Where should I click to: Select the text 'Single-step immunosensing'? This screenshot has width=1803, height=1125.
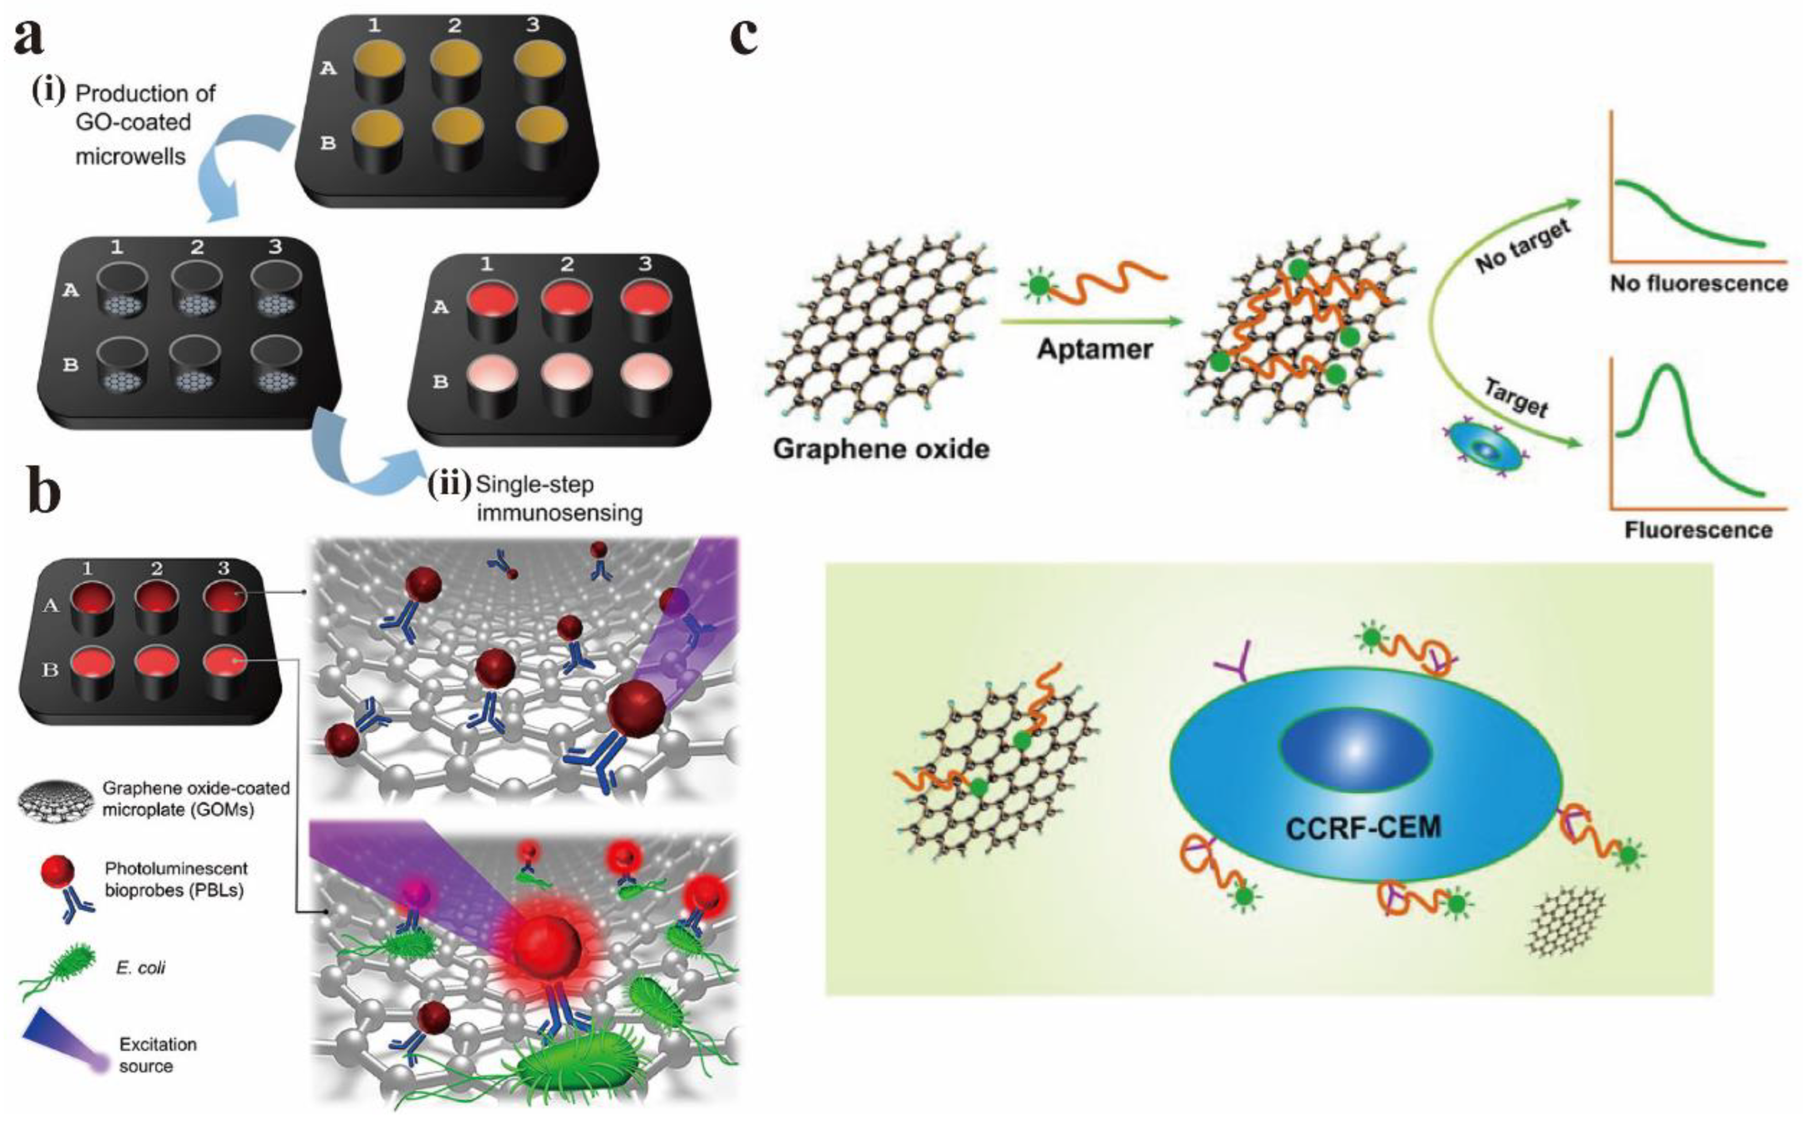[x=558, y=498]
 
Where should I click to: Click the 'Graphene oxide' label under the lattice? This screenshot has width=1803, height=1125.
[x=881, y=449]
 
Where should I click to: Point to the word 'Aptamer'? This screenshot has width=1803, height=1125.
[x=1094, y=349]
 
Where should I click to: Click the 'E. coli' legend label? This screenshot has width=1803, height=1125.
[x=141, y=968]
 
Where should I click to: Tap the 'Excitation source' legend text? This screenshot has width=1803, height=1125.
[x=157, y=1055]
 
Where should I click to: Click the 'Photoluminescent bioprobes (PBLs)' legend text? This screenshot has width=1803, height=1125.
[x=176, y=879]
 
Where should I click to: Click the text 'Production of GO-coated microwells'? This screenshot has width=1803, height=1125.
[x=145, y=124]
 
